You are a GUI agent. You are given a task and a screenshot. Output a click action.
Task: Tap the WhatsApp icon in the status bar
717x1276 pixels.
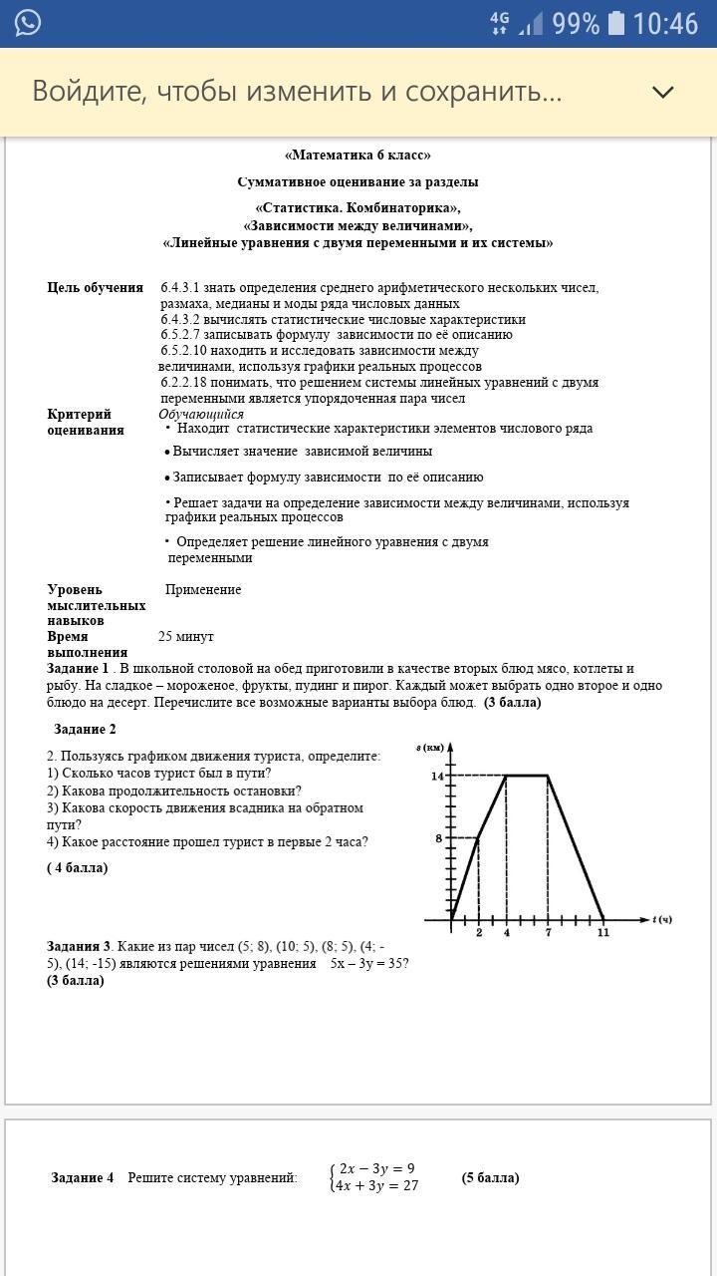28,23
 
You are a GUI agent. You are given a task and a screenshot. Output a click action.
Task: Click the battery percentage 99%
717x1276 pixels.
576,23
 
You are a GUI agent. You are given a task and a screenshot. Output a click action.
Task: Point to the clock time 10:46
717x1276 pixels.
665,23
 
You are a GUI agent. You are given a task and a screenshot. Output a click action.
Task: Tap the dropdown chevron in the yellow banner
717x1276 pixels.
662,92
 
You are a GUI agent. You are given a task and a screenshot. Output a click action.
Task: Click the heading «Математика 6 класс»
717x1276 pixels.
358,156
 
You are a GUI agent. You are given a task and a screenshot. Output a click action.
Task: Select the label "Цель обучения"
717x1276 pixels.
96,288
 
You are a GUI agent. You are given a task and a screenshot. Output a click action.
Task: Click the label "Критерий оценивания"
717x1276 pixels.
86,423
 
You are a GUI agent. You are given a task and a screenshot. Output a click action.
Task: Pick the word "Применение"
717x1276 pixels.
203,590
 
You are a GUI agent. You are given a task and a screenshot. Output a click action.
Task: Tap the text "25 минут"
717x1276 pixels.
186,637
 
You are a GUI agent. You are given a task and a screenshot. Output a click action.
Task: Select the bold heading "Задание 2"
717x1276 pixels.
85,730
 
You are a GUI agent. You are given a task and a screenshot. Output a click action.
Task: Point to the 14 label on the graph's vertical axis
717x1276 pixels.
436,776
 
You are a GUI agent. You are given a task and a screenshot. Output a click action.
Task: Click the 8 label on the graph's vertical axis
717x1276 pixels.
438,838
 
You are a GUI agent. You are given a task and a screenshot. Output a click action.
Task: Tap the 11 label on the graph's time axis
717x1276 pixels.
602,933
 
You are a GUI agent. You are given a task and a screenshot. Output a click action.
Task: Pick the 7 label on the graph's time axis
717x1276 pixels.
548,933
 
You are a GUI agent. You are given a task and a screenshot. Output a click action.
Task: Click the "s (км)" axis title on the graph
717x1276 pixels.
430,748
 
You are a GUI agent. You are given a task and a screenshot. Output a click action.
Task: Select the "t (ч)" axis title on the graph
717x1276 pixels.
662,919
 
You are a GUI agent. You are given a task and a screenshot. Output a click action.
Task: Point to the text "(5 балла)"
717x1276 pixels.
490,1177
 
